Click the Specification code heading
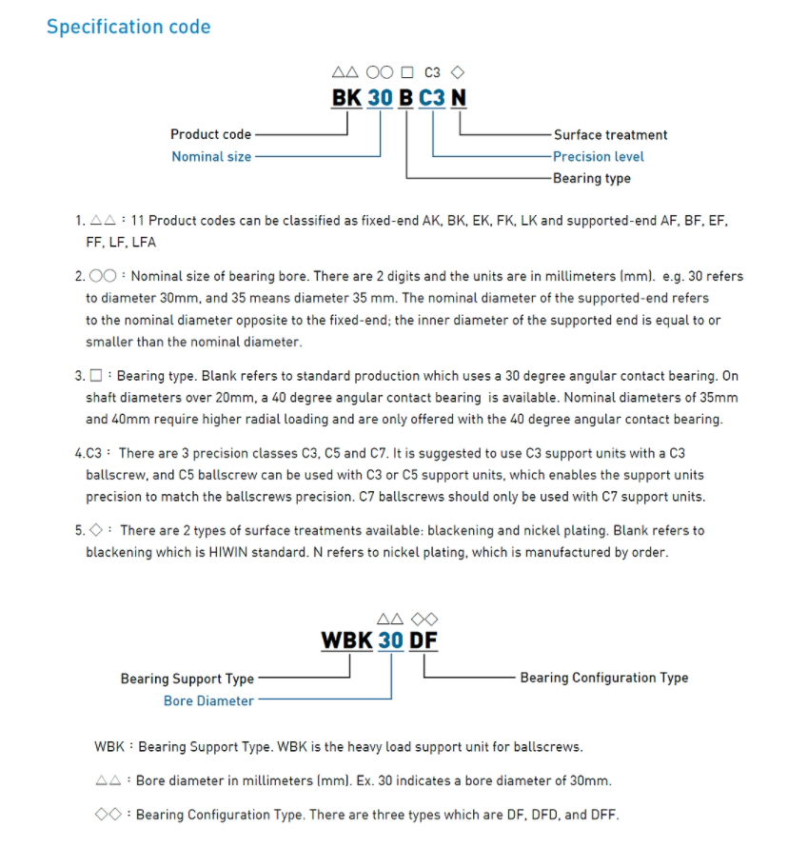[x=128, y=27]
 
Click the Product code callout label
[x=210, y=134]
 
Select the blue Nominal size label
[x=211, y=156]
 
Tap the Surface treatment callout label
[x=610, y=135]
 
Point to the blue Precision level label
[x=598, y=156]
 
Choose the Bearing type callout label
[x=591, y=178]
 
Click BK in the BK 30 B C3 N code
[x=345, y=98]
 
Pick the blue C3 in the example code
[x=431, y=98]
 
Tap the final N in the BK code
[x=459, y=98]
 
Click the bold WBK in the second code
[x=346, y=640]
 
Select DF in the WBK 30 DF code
[x=424, y=640]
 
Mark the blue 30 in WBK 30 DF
[x=390, y=640]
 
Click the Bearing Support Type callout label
[x=187, y=679]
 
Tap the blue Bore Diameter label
[x=208, y=700]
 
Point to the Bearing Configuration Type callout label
[x=603, y=678]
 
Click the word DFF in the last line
[x=603, y=815]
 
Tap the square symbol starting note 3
[x=95, y=376]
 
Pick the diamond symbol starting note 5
[x=95, y=530]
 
